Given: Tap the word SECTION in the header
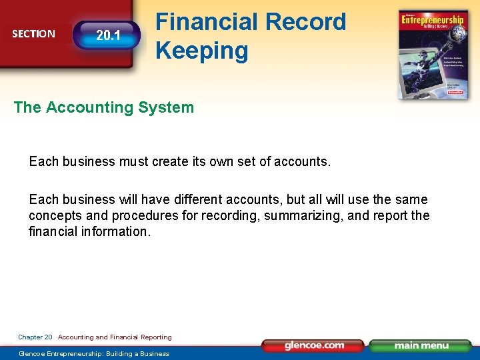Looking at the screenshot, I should point(33,34).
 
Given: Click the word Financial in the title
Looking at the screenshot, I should point(206,22).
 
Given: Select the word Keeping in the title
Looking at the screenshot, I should point(201,51).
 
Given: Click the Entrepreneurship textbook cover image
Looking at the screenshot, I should point(432,54).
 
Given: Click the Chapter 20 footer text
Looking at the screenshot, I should point(35,337).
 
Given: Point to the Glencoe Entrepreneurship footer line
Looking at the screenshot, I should point(94,353).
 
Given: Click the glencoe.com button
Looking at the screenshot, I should point(314,345).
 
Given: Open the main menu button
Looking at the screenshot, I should point(421,345).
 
